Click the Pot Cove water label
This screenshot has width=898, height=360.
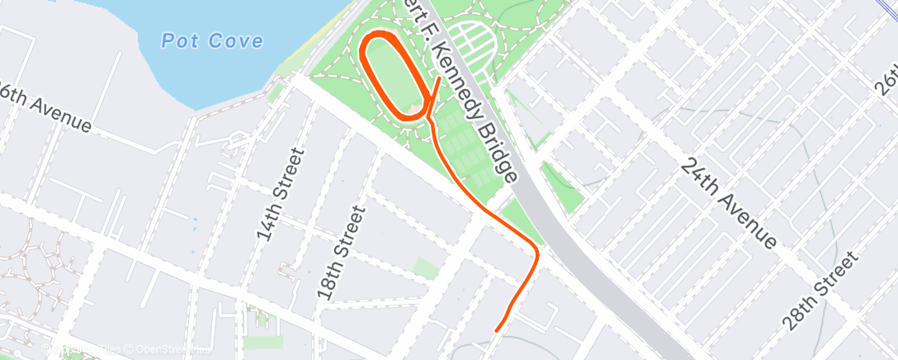pos(213,40)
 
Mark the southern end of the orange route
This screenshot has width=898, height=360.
pos(497,330)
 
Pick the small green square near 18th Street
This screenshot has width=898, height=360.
pos(425,268)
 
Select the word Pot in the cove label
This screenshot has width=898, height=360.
pos(178,40)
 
